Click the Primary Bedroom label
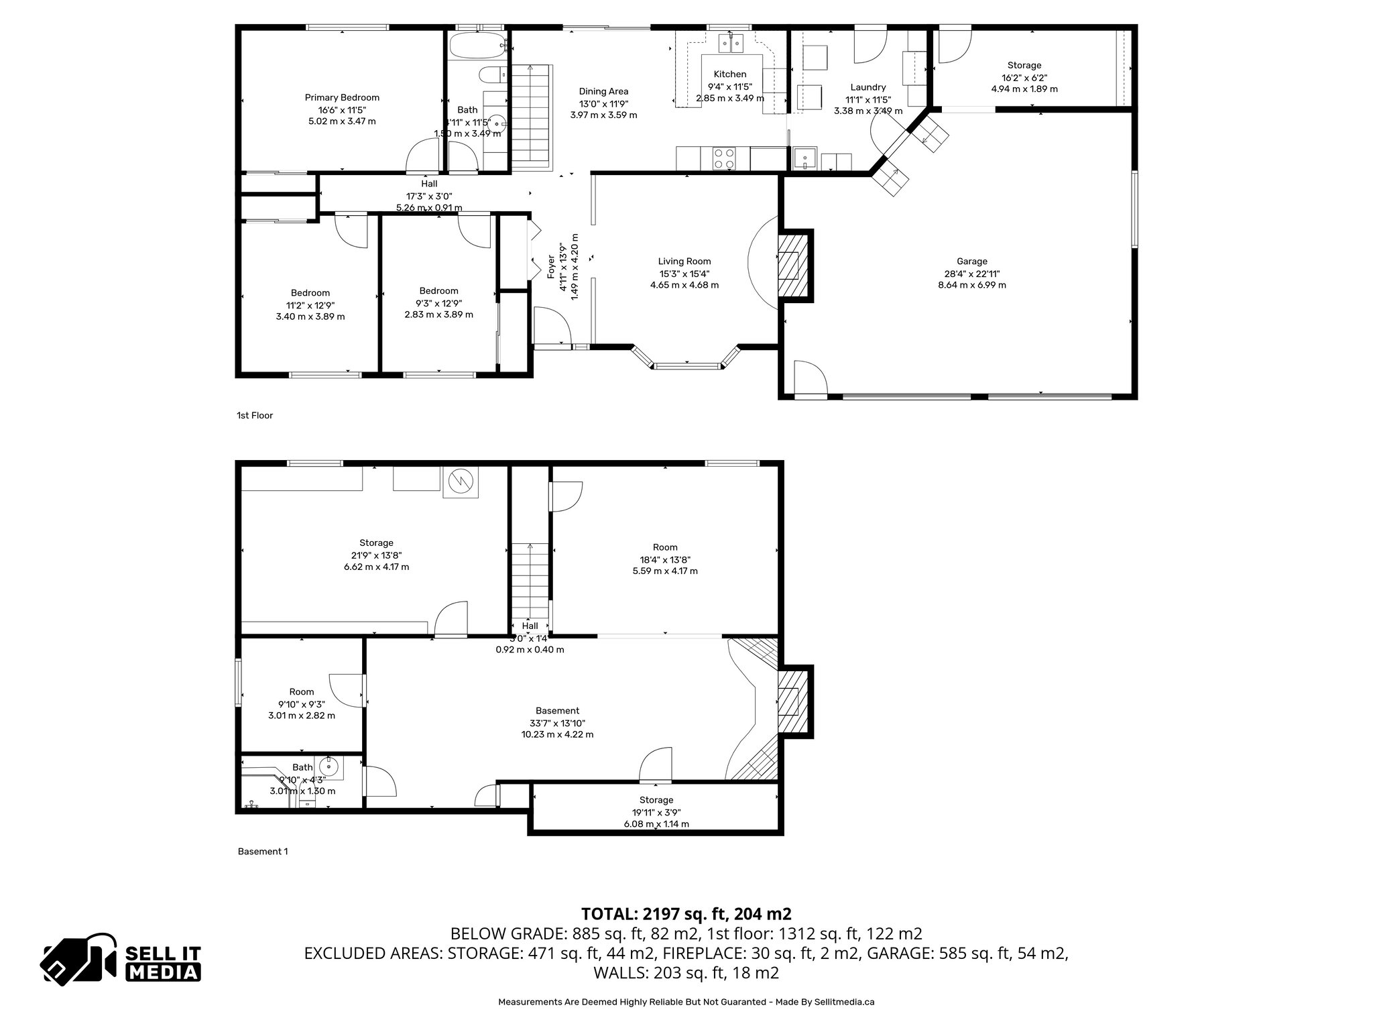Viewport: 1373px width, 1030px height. click(342, 98)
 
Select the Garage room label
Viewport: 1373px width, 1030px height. click(971, 262)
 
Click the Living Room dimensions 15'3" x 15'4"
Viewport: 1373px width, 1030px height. click(684, 274)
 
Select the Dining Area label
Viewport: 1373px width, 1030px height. click(603, 92)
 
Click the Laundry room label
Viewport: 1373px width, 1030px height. click(868, 87)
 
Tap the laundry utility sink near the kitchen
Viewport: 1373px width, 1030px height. click(804, 159)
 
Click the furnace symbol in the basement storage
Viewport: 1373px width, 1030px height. click(461, 481)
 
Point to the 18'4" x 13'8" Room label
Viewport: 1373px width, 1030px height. click(665, 547)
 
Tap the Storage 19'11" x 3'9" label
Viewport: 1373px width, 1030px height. click(656, 800)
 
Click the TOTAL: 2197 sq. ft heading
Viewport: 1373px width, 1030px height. click(686, 914)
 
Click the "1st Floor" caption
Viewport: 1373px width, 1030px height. click(255, 416)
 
